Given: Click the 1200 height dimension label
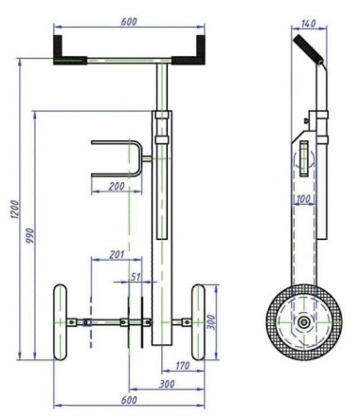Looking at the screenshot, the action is (x=15, y=210).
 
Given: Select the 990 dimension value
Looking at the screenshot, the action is (x=29, y=236).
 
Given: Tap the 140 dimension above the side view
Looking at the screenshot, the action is (x=308, y=24).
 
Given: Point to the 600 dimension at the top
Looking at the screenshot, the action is (x=129, y=22).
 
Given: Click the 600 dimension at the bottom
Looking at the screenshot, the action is (x=129, y=400).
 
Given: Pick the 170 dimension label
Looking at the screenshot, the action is (x=182, y=366).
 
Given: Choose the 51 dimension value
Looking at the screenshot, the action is (x=135, y=277).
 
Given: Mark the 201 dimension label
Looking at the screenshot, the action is (x=117, y=254).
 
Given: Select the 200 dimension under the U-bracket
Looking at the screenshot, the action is (x=117, y=186).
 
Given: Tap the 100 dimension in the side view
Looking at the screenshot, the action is (x=303, y=199).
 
